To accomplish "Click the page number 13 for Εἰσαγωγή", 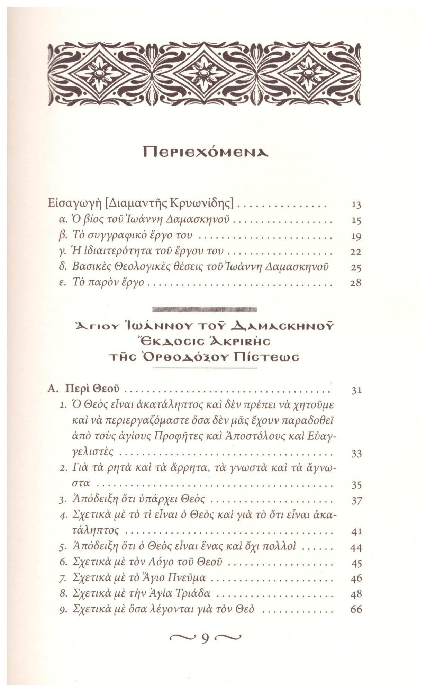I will click(x=356, y=205).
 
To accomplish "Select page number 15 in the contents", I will click(x=356, y=221).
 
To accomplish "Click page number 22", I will click(x=356, y=252).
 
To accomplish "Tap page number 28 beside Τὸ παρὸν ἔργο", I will click(x=356, y=283).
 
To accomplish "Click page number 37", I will click(x=356, y=500).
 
